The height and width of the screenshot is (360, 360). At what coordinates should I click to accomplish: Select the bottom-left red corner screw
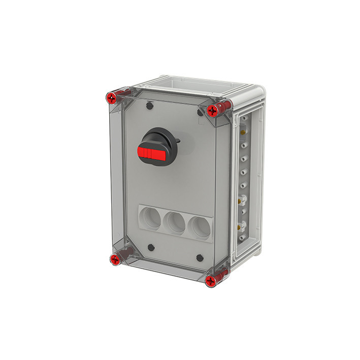pyautogui.click(x=115, y=260)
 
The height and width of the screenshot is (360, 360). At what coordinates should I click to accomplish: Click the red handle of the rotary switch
pyautogui.click(x=151, y=153)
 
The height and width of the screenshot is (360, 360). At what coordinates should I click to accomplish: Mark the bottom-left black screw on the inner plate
pyautogui.click(x=151, y=248)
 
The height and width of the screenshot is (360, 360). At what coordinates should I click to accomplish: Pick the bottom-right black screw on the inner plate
pyautogui.click(x=200, y=257)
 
